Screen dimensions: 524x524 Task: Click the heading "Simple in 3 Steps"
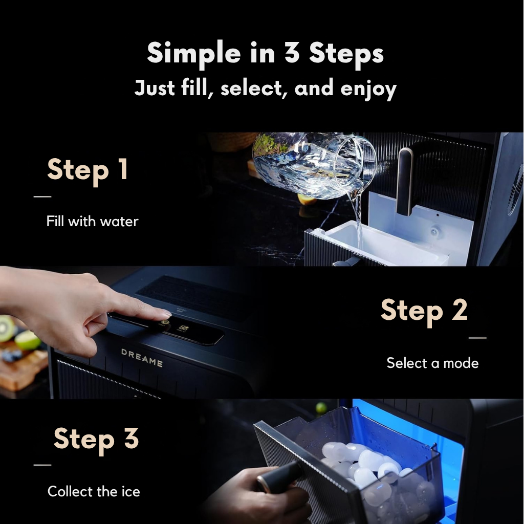(266, 53)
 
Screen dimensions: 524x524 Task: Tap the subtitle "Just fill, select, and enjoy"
(266, 88)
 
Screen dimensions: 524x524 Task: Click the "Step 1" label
(88, 170)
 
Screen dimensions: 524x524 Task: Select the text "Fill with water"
(92, 221)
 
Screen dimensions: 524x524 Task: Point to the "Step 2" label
(424, 311)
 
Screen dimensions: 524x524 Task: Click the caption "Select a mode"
(432, 363)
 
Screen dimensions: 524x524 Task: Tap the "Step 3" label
(96, 439)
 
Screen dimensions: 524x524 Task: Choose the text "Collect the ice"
(94, 491)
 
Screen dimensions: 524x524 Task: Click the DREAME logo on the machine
(142, 358)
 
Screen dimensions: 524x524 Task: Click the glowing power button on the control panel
(164, 323)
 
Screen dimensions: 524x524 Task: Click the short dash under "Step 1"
(42, 196)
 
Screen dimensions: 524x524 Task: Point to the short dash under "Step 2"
(477, 338)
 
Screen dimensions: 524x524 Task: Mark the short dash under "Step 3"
(42, 465)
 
